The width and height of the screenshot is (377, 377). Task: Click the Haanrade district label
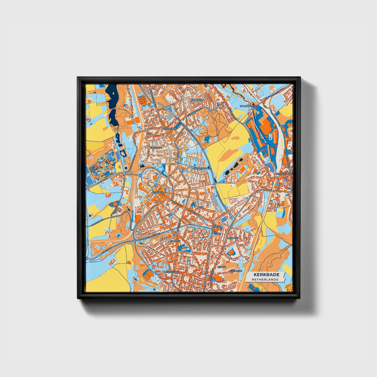point(197,100)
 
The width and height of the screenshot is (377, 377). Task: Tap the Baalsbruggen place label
point(249,106)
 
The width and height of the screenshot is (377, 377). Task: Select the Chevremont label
point(170,129)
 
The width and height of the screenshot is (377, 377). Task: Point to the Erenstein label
point(155,148)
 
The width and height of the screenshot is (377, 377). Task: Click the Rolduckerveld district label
point(201,169)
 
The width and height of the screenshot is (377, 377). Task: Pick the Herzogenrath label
point(285,173)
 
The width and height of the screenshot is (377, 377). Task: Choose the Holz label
point(200,207)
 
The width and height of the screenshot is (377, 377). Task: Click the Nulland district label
point(175,241)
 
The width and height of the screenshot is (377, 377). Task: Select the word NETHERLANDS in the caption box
point(265,279)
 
